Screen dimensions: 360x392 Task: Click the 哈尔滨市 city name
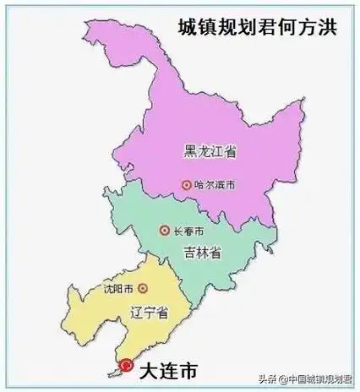211,183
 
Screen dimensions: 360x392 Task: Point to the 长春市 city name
188,230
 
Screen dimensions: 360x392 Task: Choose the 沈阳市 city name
119,287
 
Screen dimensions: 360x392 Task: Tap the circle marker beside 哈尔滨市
185,183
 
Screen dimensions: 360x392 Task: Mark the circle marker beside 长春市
164,230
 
